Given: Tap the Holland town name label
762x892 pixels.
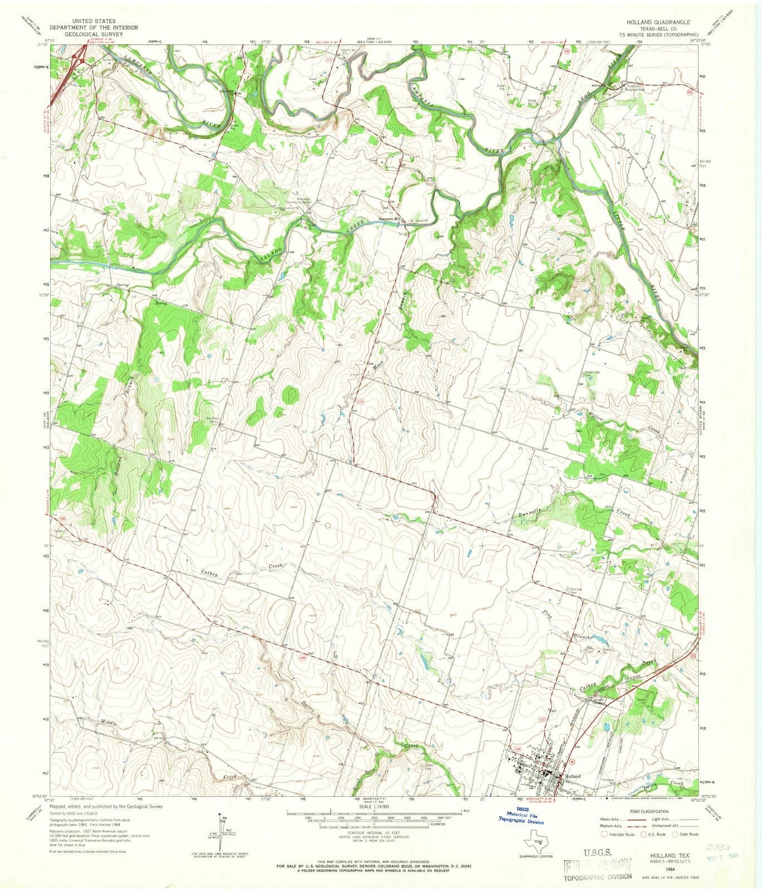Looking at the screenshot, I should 572,776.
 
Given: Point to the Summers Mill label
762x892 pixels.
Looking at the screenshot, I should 390,219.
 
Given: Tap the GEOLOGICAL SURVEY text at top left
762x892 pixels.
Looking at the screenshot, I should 86,33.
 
